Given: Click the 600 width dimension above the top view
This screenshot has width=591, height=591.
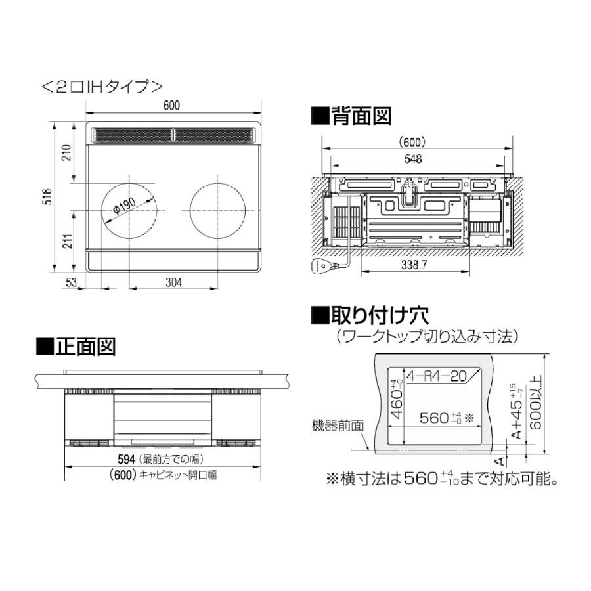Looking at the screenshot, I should (172, 106).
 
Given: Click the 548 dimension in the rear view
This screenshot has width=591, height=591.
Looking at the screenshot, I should (413, 158).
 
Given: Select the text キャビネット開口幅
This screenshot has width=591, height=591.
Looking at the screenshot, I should (177, 475).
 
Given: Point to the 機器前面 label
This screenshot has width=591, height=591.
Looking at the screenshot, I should (337, 426).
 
